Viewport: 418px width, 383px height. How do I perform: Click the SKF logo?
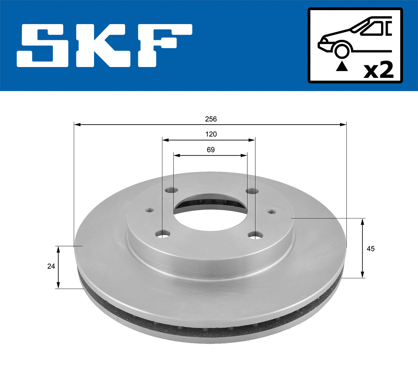104,45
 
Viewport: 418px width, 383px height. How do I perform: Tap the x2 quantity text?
378,70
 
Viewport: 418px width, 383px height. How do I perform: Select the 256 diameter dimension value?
211,119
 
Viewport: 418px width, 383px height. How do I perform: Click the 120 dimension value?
211,134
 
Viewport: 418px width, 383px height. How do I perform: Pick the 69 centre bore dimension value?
211,150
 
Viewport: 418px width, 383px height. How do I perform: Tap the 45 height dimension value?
371,249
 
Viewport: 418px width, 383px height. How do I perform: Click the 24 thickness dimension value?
51,266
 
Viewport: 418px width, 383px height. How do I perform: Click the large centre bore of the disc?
210,213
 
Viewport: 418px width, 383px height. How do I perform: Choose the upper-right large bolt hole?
251,191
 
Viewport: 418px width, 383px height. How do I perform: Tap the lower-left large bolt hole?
163,234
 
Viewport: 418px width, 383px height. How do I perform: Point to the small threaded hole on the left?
149,210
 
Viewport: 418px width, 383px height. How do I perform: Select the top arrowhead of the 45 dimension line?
363,221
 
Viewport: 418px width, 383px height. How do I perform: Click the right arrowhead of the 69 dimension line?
245,155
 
